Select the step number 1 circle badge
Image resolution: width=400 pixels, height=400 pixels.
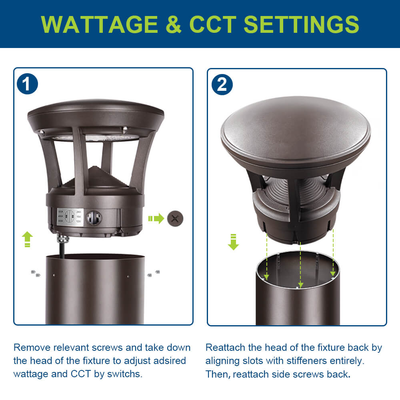28,84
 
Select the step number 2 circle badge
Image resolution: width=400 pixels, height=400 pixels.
222,84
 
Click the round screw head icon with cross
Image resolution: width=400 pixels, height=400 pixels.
175,218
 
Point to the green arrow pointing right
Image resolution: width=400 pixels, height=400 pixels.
156,218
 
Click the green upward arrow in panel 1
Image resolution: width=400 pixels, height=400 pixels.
27,239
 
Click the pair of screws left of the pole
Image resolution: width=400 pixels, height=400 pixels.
36,274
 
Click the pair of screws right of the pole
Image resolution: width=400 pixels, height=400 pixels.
153,273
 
